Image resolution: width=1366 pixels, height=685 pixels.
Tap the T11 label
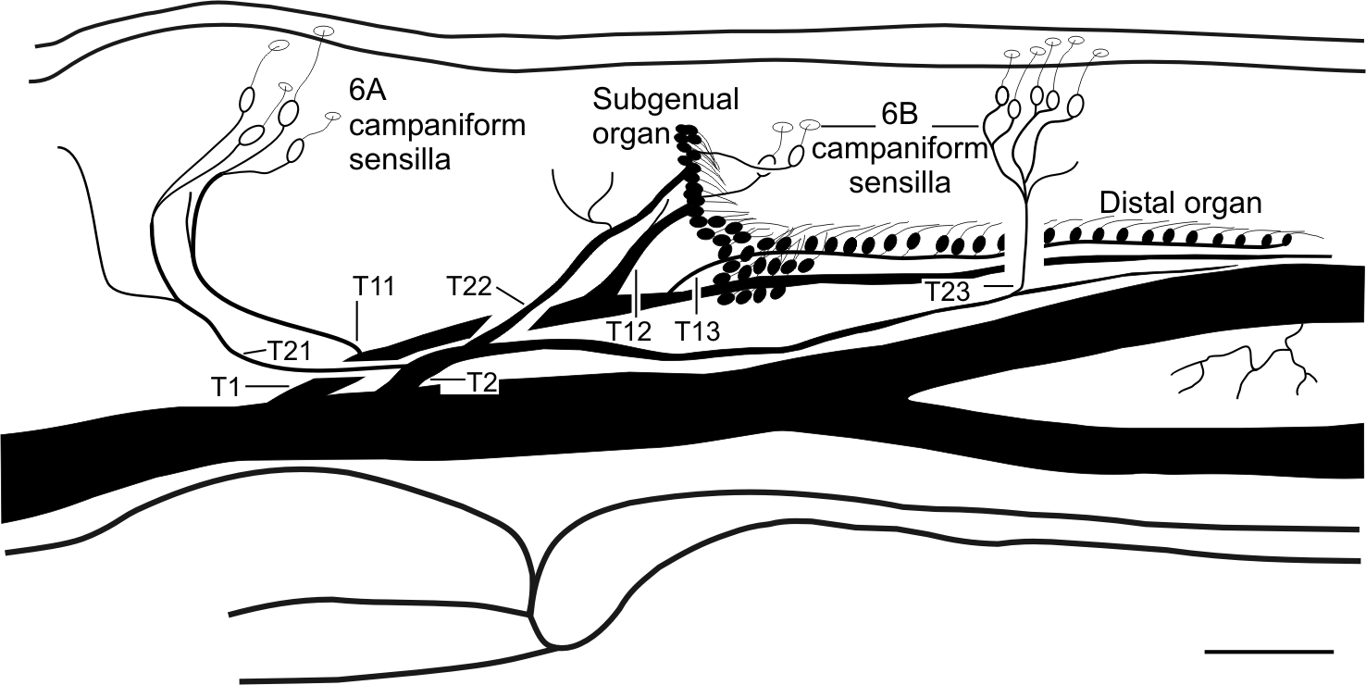tap(374, 287)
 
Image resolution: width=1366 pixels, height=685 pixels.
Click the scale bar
tap(1269, 651)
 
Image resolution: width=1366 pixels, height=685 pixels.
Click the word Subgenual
tap(666, 99)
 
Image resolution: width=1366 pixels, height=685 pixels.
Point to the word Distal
tap(1132, 203)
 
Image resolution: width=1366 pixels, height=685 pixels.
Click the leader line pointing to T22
tap(510, 294)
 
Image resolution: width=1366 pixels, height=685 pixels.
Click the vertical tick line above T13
tap(696, 302)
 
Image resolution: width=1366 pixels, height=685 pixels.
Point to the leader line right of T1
tap(268, 384)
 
